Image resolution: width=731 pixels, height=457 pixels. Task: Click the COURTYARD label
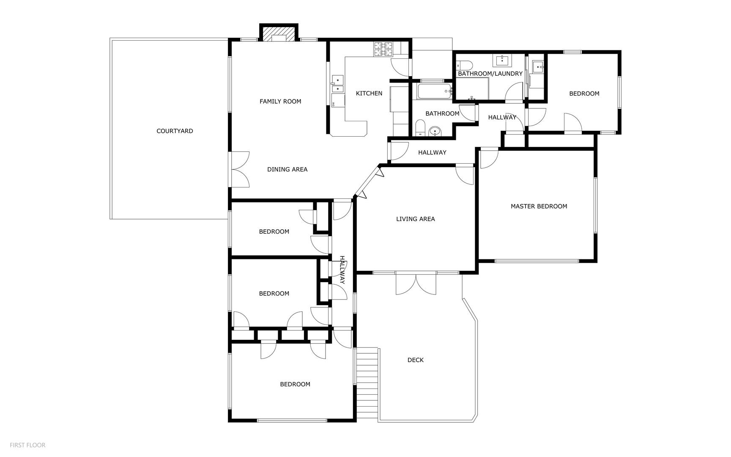pos(175,131)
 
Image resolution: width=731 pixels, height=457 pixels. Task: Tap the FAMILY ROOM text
pos(280,102)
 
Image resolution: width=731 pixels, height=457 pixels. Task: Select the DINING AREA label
pos(287,169)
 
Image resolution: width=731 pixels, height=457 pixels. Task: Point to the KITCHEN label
pos(369,94)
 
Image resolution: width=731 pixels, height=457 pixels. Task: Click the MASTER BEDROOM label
pos(539,206)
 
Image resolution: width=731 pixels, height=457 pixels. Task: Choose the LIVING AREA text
pos(416,219)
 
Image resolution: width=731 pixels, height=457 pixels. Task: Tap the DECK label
pos(416,360)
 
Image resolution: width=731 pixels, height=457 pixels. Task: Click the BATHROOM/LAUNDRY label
pos(490,74)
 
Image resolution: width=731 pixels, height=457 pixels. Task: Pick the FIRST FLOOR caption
pos(27,445)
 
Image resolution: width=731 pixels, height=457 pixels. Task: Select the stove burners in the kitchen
pos(383,49)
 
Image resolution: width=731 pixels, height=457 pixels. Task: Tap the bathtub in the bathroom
pos(435,91)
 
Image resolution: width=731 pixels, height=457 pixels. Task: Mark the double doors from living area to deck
pos(416,284)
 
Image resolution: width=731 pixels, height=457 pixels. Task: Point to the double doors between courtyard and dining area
pos(240,170)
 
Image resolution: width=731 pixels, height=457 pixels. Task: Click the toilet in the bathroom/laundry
pos(464,66)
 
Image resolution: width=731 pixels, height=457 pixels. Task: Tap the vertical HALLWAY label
pos(342,270)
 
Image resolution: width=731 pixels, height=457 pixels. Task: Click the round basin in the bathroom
pos(435,132)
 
